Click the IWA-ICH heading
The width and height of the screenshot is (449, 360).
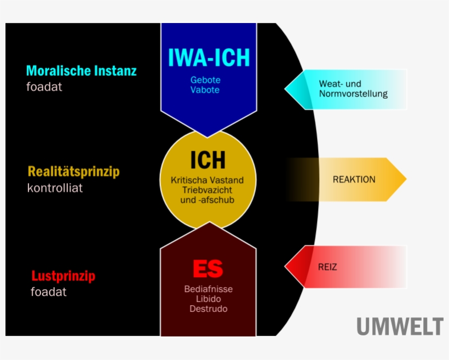pos(208,57)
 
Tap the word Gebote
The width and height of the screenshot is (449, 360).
pos(205,80)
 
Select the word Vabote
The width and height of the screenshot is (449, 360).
pos(205,90)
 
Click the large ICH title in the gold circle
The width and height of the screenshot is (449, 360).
pos(208,160)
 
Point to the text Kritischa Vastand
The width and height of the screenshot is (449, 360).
pos(207,180)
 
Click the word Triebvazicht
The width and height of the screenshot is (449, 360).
pos(207,190)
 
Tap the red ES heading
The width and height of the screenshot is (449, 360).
pos(208,269)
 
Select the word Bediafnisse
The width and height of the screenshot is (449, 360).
pos(208,289)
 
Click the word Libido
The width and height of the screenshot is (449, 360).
pos(208,299)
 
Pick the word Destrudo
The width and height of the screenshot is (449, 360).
pos(208,308)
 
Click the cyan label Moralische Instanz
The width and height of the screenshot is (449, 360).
pos(82,71)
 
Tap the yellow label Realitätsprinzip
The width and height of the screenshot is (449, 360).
pos(73,172)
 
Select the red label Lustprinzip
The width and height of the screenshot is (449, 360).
pos(63,276)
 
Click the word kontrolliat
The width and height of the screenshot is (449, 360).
pos(55,188)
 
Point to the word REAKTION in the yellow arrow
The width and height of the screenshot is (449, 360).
pos(354,180)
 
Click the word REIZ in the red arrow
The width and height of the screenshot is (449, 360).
pos(327,267)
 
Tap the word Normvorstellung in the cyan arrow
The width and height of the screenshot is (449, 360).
pos(353,94)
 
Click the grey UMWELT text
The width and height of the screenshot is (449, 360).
pos(400,327)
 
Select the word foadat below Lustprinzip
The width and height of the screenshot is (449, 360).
pos(49,292)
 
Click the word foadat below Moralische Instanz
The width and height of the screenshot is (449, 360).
pos(44,87)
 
